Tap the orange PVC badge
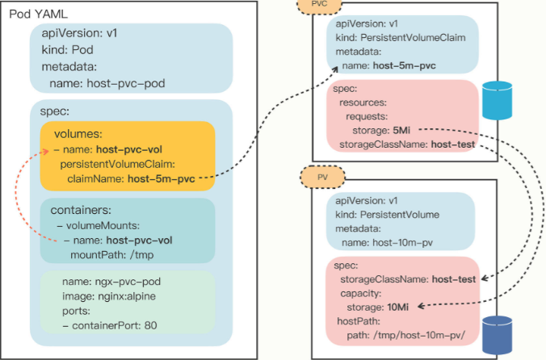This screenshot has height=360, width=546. pyautogui.click(x=318, y=6)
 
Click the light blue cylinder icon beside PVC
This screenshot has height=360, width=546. pyautogui.click(x=497, y=99)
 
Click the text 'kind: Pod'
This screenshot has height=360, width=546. pyautogui.click(x=76, y=50)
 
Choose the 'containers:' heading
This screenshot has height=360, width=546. pyautogui.click(x=86, y=209)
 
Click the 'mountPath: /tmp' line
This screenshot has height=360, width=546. pyautogui.click(x=109, y=254)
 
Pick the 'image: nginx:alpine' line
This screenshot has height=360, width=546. pyautogui.click(x=113, y=296)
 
